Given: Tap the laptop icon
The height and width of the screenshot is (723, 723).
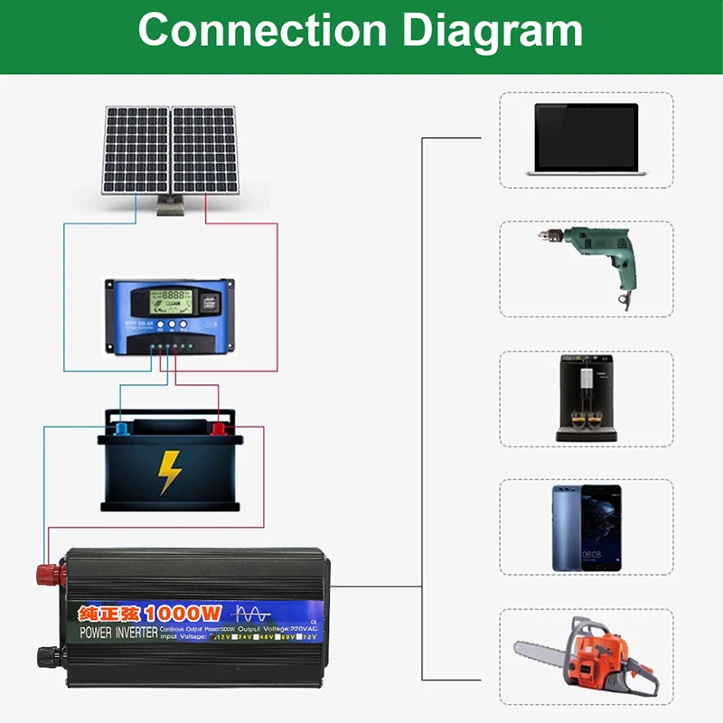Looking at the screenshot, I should click(x=586, y=138).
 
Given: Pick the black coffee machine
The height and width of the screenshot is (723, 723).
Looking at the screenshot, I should click(x=586, y=398).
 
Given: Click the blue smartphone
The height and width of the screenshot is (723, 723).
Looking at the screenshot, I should click(x=587, y=528).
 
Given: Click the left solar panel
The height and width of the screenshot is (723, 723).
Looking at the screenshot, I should click(x=136, y=149).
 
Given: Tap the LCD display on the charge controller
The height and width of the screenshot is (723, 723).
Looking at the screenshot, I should click(x=172, y=297).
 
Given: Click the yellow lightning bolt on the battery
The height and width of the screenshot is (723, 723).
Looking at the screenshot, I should click(x=169, y=471).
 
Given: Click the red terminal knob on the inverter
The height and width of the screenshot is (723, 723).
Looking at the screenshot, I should click(x=44, y=573).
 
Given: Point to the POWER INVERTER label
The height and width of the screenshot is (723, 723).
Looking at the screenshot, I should click(x=118, y=632).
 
